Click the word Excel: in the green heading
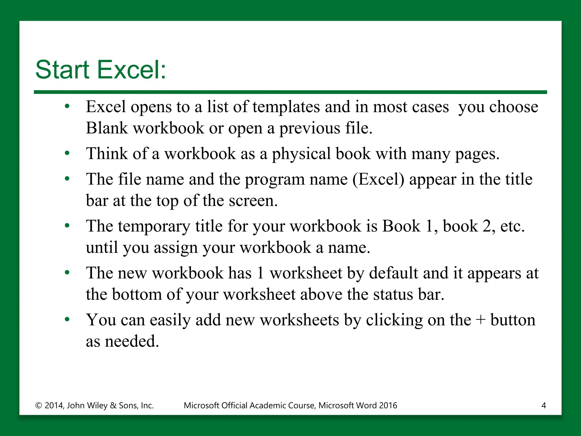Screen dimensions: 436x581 click(x=132, y=70)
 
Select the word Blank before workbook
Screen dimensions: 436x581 click(x=107, y=128)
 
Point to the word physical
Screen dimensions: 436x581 click(x=301, y=154)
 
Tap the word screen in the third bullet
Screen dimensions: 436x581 click(x=253, y=201)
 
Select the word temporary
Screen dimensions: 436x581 click(x=154, y=227)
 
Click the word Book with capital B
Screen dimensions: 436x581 click(x=401, y=226)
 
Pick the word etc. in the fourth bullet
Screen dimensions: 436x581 click(x=512, y=227)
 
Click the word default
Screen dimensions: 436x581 click(x=393, y=273)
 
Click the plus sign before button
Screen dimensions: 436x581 click(x=481, y=320)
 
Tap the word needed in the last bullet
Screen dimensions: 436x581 click(x=132, y=341)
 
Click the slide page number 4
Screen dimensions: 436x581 click(x=544, y=405)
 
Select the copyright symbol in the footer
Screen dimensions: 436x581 click(x=39, y=406)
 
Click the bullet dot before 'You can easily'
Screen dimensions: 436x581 click(x=67, y=320)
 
